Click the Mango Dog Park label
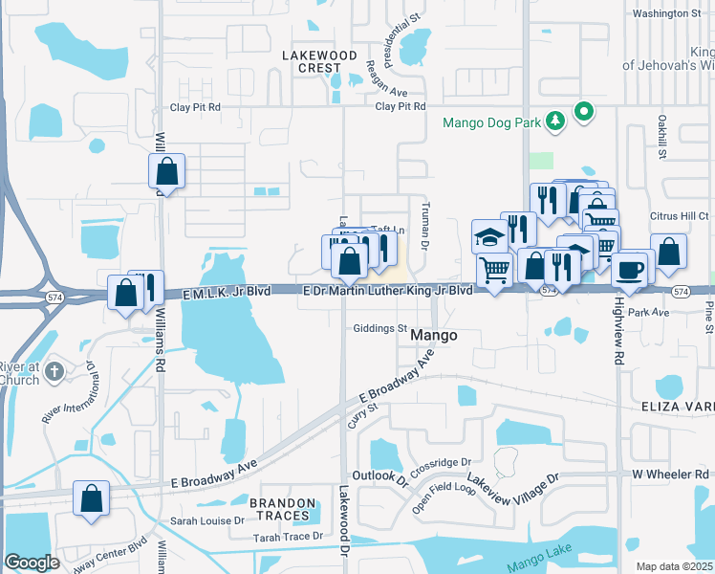pyautogui.click(x=489, y=122)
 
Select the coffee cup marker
pyautogui.click(x=630, y=268)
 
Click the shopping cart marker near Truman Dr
pyautogui.click(x=494, y=271)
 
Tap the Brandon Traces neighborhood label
pyautogui.click(x=282, y=509)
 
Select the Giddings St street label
pyautogui.click(x=380, y=328)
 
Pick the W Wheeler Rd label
pyautogui.click(x=673, y=475)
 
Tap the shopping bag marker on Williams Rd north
pyautogui.click(x=166, y=172)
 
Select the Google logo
pyautogui.click(x=32, y=563)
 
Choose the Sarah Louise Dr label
pyautogui.click(x=207, y=521)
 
